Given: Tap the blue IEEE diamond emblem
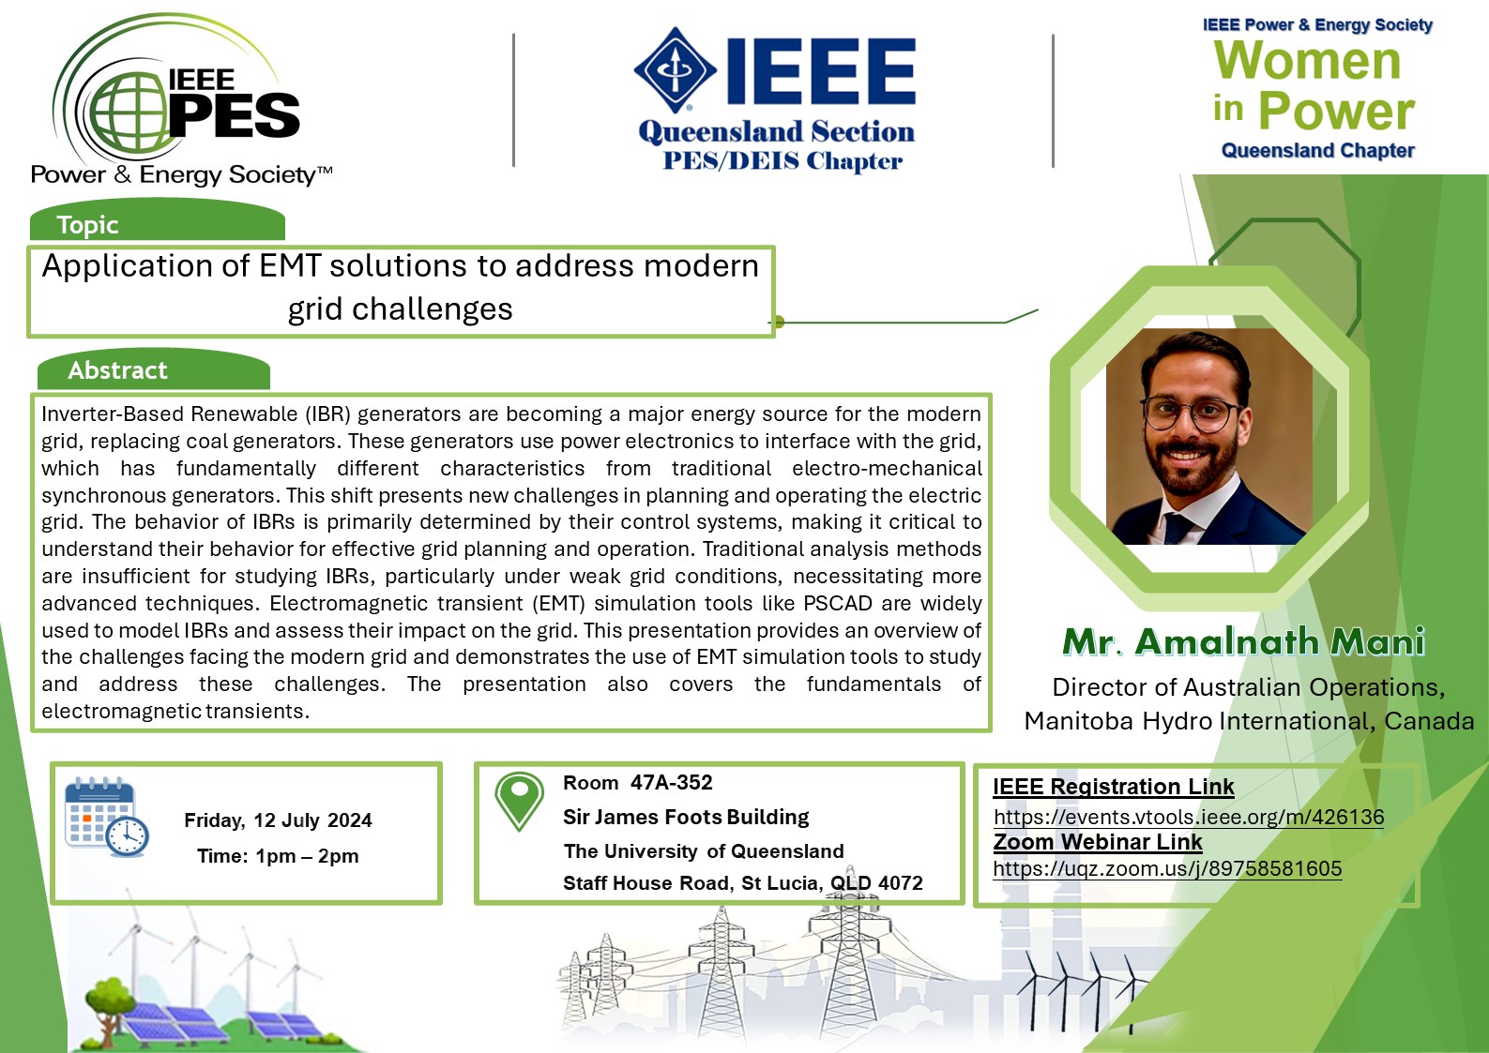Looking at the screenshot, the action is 675,69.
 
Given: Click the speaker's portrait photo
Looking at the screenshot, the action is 1208,436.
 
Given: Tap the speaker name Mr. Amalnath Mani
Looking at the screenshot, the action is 1244,641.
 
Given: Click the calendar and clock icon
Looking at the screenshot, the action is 106,817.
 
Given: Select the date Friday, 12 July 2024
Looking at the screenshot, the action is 278,820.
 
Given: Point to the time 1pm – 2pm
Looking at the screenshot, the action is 307,856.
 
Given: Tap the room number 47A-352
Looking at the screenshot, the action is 672,783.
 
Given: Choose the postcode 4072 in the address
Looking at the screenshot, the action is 901,883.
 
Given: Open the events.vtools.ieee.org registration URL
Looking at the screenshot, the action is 1189,817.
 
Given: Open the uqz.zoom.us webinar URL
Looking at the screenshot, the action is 1167,869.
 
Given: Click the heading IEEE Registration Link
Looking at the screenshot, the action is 1114,787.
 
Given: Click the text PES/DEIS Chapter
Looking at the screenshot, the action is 782,161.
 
